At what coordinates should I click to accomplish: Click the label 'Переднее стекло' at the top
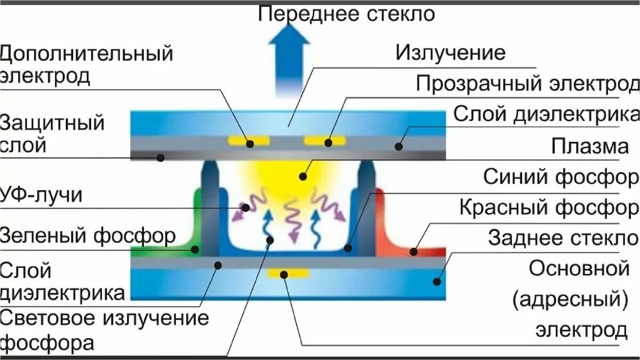[x=346, y=14]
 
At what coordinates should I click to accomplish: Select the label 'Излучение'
[x=450, y=53]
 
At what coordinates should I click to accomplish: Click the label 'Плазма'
[x=590, y=146]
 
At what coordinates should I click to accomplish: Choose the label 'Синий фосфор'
[x=561, y=177]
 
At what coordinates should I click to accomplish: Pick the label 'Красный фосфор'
[x=549, y=207]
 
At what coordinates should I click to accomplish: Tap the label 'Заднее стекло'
[x=563, y=237]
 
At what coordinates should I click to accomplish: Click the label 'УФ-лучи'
[x=42, y=195]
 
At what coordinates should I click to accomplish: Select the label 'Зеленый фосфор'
[x=88, y=235]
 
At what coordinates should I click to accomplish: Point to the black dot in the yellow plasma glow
[x=303, y=175]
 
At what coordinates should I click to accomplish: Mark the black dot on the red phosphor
[x=414, y=251]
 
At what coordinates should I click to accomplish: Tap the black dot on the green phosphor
[x=196, y=249]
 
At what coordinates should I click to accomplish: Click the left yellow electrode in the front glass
[x=249, y=142]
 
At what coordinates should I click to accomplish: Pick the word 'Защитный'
[x=52, y=124]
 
